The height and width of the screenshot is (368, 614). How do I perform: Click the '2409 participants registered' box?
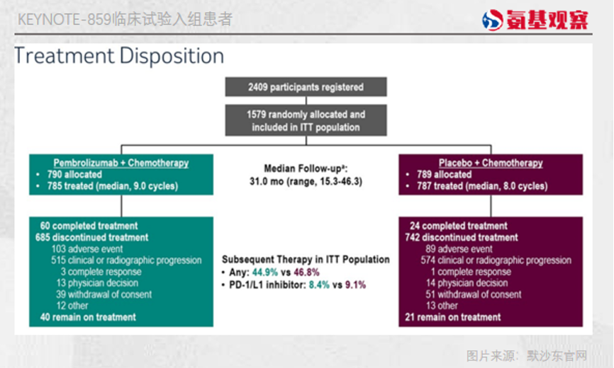pyautogui.click(x=306, y=87)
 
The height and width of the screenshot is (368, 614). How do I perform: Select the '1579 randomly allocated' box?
pyautogui.click(x=306, y=120)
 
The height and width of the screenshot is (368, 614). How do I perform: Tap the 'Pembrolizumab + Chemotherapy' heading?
pyautogui.click(x=121, y=163)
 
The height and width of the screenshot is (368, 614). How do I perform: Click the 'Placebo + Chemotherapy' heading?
pyautogui.click(x=491, y=163)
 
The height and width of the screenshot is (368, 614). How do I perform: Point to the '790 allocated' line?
pyautogui.click(x=74, y=174)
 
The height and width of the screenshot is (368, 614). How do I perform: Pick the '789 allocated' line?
pyautogui.click(x=444, y=174)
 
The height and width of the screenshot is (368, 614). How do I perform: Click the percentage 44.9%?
pyautogui.click(x=264, y=272)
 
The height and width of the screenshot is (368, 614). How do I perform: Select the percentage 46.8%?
pyautogui.click(x=306, y=272)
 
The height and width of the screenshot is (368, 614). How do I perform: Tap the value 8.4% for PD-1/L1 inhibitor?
pyautogui.click(x=319, y=284)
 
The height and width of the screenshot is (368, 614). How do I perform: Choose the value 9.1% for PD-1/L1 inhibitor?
pyautogui.click(x=355, y=284)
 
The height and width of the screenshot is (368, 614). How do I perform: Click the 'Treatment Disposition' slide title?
pyautogui.click(x=119, y=55)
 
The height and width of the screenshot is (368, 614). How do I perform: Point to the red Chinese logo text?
pyautogui.click(x=547, y=20)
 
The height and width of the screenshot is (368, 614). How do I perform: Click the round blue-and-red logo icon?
pyautogui.click(x=493, y=20)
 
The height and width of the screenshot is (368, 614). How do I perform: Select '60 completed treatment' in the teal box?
pyautogui.click(x=89, y=226)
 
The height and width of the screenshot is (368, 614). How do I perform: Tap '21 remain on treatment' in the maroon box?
pyautogui.click(x=452, y=317)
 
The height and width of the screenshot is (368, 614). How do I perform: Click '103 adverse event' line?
pyautogui.click(x=87, y=249)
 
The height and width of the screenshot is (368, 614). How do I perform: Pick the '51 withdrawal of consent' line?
pyautogui.click(x=474, y=294)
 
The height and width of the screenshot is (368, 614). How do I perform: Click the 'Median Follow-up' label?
pyautogui.click(x=306, y=168)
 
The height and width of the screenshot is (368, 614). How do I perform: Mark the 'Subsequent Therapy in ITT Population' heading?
pyautogui.click(x=306, y=260)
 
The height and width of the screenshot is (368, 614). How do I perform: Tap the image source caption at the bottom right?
pyautogui.click(x=527, y=356)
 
